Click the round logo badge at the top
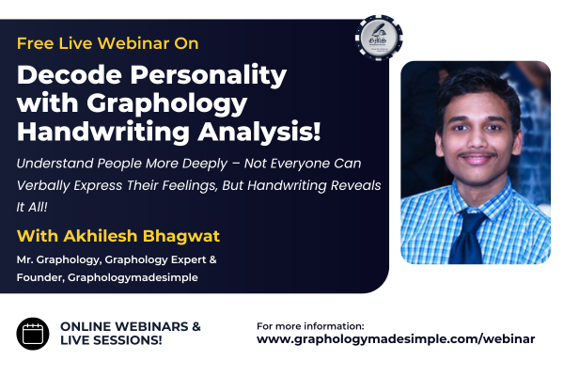379,39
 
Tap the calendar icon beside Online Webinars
33,333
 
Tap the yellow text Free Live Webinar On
107,43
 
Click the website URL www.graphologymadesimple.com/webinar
396,339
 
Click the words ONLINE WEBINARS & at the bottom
131,325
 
